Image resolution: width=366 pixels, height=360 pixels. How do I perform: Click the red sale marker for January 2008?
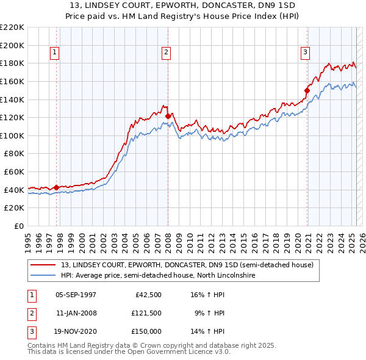(168, 115)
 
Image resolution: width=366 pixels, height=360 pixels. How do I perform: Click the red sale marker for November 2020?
(307, 90)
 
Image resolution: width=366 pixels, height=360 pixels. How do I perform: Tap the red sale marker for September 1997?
(57, 187)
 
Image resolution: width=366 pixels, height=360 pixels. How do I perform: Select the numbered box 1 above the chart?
(55, 52)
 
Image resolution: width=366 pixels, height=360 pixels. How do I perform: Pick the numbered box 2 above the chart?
(166, 52)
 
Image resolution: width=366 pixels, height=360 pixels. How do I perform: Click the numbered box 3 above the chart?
(304, 52)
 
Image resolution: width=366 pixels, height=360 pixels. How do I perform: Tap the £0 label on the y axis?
(20, 226)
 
